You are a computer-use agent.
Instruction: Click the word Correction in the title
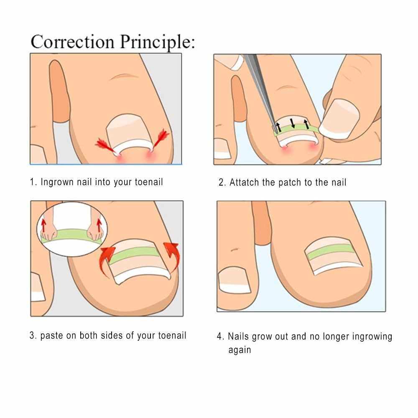pos(72,41)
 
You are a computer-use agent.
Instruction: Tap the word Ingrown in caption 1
pos(57,182)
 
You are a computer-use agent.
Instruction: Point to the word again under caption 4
pos(240,350)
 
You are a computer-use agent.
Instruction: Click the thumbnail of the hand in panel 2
pos(339,119)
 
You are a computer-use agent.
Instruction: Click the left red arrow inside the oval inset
pos(44,226)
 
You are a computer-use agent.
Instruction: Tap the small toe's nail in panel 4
pos(234,280)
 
